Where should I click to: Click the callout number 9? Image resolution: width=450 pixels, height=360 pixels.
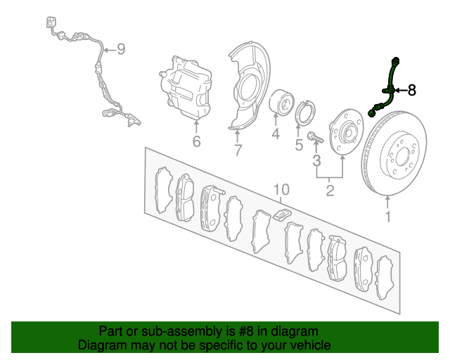(122, 49)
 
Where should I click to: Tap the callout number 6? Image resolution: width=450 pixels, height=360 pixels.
(196, 141)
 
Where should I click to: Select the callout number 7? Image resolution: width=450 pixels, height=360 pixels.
(238, 150)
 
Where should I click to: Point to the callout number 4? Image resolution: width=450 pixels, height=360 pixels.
(276, 134)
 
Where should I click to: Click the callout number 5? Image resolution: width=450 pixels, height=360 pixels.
(299, 145)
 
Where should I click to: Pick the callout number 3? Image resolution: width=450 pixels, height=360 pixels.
(316, 161)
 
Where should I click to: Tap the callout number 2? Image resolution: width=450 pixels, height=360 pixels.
(330, 191)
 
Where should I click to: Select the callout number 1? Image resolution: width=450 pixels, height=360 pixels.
(388, 217)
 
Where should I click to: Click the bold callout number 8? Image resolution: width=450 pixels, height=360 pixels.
(411, 90)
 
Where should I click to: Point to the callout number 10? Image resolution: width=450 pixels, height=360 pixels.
(281, 190)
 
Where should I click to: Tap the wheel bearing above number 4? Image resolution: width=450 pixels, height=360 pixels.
(281, 102)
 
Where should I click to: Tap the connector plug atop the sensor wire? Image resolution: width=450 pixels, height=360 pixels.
(51, 22)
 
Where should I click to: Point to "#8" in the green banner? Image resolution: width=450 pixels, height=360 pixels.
(246, 332)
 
